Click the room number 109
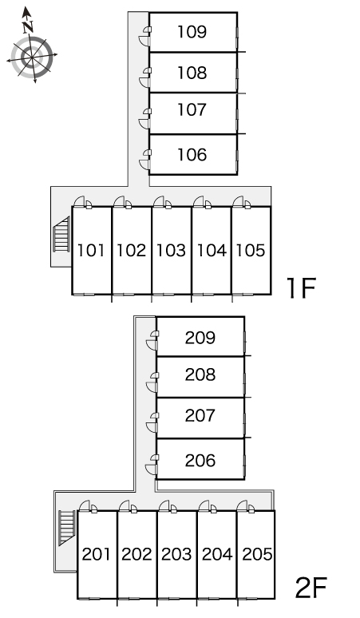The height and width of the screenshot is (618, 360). pyautogui.click(x=192, y=32)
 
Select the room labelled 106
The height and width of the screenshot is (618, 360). pyautogui.click(x=192, y=155)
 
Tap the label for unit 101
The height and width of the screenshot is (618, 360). pyautogui.click(x=91, y=250)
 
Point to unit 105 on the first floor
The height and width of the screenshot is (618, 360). pyautogui.click(x=251, y=250)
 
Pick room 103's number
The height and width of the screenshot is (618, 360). pyautogui.click(x=171, y=250)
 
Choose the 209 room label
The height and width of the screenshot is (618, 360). pyautogui.click(x=200, y=338)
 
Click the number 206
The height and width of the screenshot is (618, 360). pyautogui.click(x=200, y=461)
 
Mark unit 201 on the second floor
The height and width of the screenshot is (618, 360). pyautogui.click(x=97, y=554)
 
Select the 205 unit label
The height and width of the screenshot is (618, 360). pyautogui.click(x=257, y=554)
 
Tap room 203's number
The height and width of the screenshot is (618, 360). pyautogui.click(x=176, y=554)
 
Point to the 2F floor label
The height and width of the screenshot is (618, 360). pyautogui.click(x=311, y=588)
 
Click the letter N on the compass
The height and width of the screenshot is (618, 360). pyautogui.click(x=28, y=27)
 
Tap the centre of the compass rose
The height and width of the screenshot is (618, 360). pyautogui.click(x=32, y=57)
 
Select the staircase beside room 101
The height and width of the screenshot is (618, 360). pyautogui.click(x=61, y=234)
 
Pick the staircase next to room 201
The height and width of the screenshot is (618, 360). pyautogui.click(x=67, y=528)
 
